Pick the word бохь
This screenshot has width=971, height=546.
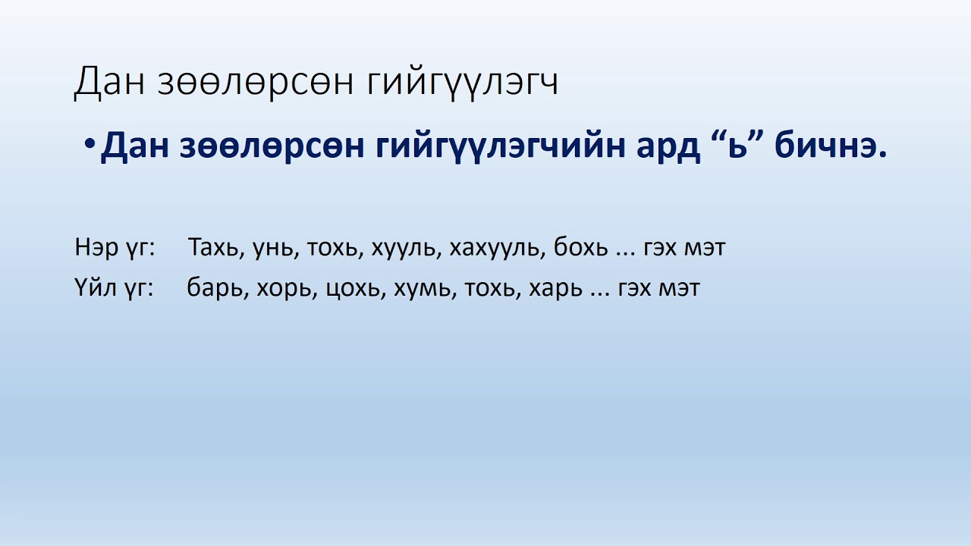[580, 248]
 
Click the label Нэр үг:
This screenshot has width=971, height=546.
[115, 248]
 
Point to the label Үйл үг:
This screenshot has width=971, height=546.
[114, 289]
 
